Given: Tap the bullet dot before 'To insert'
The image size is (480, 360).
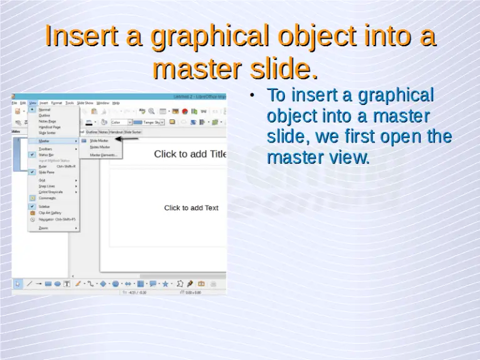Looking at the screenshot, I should (x=252, y=96).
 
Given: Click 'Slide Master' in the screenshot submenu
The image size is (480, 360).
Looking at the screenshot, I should (x=99, y=141).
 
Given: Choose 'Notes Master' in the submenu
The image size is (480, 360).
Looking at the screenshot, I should (x=100, y=147).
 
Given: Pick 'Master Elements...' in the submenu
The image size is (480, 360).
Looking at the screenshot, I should (x=103, y=155).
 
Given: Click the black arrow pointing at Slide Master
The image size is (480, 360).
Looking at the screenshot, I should (x=128, y=140).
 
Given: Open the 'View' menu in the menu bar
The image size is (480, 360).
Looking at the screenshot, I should (x=32, y=102).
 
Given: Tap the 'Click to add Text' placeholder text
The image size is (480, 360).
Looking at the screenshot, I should (x=191, y=207).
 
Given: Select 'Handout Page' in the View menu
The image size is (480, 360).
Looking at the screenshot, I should (x=49, y=127).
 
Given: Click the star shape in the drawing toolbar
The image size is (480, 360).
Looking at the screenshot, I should (x=166, y=284).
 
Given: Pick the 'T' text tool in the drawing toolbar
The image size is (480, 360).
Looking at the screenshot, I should (x=67, y=284).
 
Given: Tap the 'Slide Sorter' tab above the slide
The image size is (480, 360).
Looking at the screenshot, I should (x=132, y=132).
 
